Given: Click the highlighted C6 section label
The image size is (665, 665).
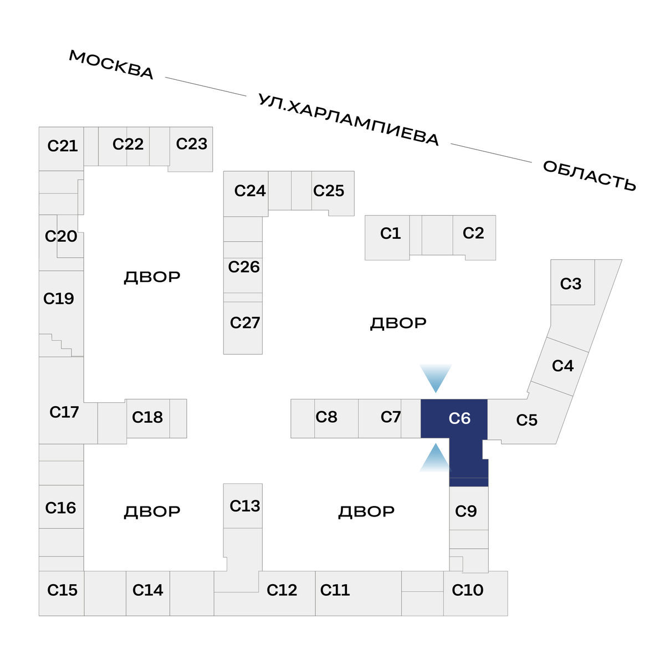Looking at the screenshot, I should click(x=459, y=418).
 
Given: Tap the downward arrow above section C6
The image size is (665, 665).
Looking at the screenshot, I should click(x=436, y=377).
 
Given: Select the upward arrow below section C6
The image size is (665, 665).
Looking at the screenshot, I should click(x=436, y=458).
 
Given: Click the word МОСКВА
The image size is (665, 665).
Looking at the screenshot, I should click(x=111, y=64).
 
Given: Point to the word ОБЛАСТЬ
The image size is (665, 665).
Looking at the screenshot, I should click(x=589, y=175).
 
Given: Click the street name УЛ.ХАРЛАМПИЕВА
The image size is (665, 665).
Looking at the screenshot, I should click(x=349, y=120).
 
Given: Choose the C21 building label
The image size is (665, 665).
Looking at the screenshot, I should click(x=63, y=146).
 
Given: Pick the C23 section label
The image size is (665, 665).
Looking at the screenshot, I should click(x=192, y=144).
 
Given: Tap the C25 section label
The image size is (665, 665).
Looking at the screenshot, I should click(x=329, y=191).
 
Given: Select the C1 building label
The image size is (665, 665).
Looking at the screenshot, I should click(x=390, y=233).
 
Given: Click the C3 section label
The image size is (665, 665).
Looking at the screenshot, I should click(x=571, y=284).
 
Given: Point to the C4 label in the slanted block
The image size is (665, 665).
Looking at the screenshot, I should click(x=562, y=366).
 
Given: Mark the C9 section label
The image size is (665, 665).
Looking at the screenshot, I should click(x=466, y=511).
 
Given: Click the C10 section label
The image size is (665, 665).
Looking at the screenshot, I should click(x=468, y=590).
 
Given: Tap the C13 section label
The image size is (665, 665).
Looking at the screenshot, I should click(x=244, y=506).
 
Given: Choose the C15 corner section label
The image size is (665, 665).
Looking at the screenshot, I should click(x=62, y=590).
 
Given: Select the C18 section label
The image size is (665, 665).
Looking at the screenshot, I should click(x=147, y=417).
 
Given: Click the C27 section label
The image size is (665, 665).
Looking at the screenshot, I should click(x=244, y=323).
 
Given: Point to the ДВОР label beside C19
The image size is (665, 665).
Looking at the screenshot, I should click(x=152, y=277).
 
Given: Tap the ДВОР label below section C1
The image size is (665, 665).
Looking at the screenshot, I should click(x=398, y=323).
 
